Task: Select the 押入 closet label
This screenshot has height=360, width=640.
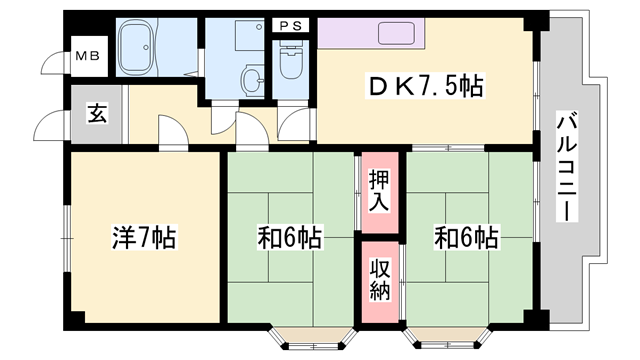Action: [x=379, y=189]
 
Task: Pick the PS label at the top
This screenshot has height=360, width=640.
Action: [x=292, y=24]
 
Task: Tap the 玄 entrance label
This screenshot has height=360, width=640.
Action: [x=96, y=113]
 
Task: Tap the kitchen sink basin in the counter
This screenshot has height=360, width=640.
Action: [x=399, y=33]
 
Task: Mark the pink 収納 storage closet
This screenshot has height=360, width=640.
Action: [x=379, y=281]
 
